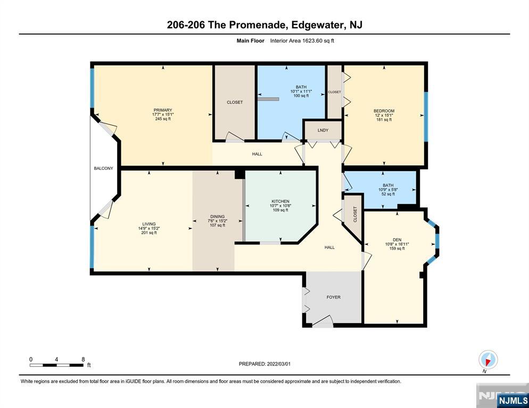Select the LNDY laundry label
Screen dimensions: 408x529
(323, 130)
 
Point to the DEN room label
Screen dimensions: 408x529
(396, 239)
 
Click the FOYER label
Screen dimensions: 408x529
(333, 297)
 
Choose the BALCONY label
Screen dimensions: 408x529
(103, 168)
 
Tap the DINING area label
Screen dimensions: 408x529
(217, 216)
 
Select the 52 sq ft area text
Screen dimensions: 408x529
(387, 194)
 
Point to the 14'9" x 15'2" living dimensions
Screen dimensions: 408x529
(148, 228)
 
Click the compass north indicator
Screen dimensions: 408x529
(487, 360)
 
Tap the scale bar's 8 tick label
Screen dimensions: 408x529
(83, 359)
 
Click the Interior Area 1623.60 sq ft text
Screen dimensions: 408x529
(302, 40)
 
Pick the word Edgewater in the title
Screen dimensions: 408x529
(314, 24)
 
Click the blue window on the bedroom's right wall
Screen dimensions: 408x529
(425, 117)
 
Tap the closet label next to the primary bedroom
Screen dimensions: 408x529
(234, 102)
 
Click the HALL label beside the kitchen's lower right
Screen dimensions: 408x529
(330, 247)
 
